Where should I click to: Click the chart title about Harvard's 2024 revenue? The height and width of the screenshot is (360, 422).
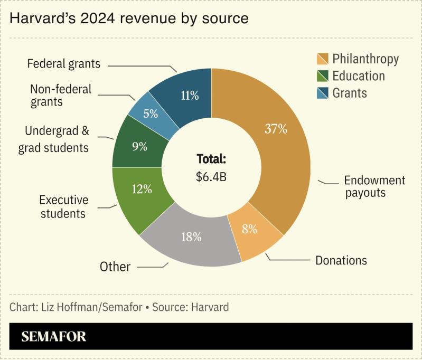click(129, 18)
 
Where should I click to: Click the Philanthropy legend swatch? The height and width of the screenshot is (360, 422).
click(322, 59)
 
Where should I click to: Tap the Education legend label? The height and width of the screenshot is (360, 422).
click(358, 76)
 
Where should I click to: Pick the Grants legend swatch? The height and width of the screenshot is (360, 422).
click(322, 93)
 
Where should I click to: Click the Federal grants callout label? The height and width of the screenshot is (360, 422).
click(63, 64)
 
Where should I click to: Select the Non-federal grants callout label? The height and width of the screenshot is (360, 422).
click(61, 96)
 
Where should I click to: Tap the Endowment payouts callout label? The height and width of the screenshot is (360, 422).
click(374, 186)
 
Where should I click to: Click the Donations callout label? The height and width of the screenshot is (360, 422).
click(341, 260)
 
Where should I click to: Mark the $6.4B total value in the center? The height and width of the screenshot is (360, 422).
click(211, 177)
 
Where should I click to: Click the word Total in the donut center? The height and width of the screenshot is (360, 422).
click(211, 159)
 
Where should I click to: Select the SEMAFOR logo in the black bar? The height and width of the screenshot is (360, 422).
click(54, 337)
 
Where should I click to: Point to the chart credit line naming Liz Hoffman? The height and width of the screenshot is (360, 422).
click(119, 307)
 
